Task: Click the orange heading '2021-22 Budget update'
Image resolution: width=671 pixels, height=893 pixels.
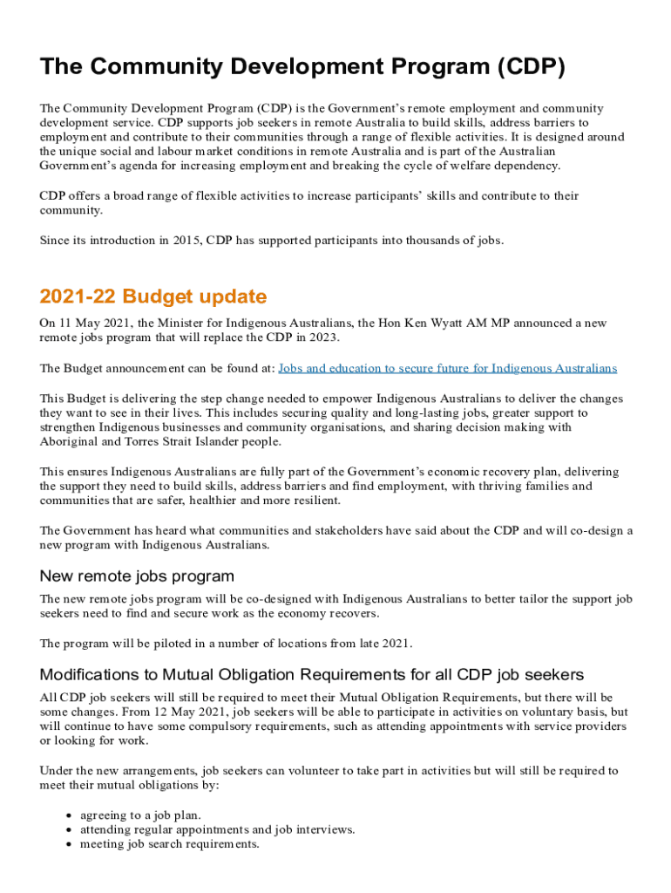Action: coord(153,297)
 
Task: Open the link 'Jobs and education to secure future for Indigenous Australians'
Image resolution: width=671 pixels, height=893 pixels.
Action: coord(447,369)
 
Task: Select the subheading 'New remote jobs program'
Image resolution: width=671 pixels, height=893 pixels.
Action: coord(137,576)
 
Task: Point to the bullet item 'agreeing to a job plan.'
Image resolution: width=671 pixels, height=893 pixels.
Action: coord(140,815)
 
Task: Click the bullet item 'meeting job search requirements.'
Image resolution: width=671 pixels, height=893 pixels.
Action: coord(169,844)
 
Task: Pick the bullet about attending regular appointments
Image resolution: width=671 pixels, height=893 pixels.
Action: coord(217,829)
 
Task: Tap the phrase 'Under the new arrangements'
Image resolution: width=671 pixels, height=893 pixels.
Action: coord(117,771)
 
